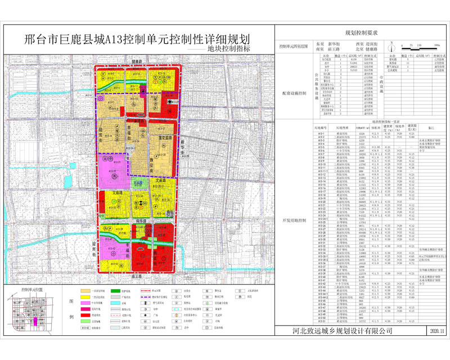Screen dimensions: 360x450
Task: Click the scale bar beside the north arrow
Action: coord(424,46)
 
